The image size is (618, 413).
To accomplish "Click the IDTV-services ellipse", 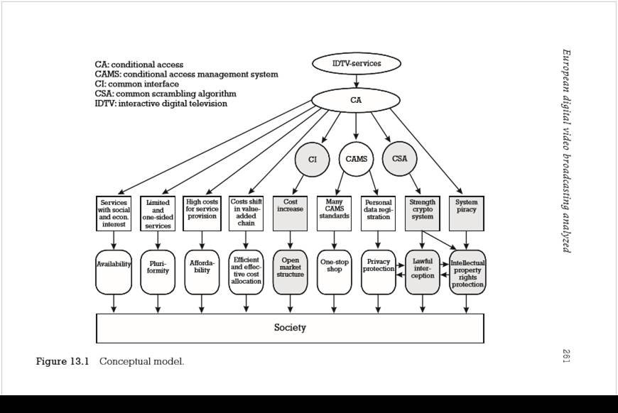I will coord(357,64).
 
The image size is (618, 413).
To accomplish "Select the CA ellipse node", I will coord(356,100).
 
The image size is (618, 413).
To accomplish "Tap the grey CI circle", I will coord(313,160).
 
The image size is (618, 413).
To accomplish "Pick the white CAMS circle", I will coord(356,159).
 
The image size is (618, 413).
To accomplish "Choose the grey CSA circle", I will coord(400,158).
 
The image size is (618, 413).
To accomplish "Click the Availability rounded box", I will coord(114,270).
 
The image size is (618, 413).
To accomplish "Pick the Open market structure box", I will coord(290,270).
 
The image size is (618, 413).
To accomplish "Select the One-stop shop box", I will coord(334,270).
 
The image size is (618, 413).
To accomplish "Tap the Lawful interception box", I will coord(423,270).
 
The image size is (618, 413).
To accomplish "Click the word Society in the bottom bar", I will coord(290,327).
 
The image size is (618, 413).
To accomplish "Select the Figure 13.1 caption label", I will coord(63,361).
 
